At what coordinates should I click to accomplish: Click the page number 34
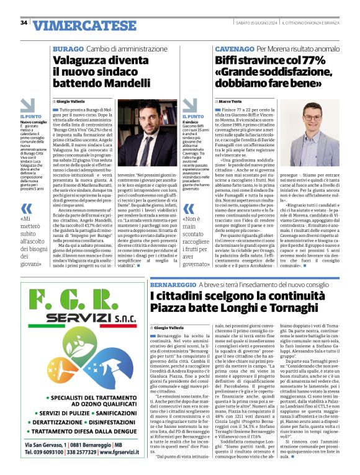point(24,22)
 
